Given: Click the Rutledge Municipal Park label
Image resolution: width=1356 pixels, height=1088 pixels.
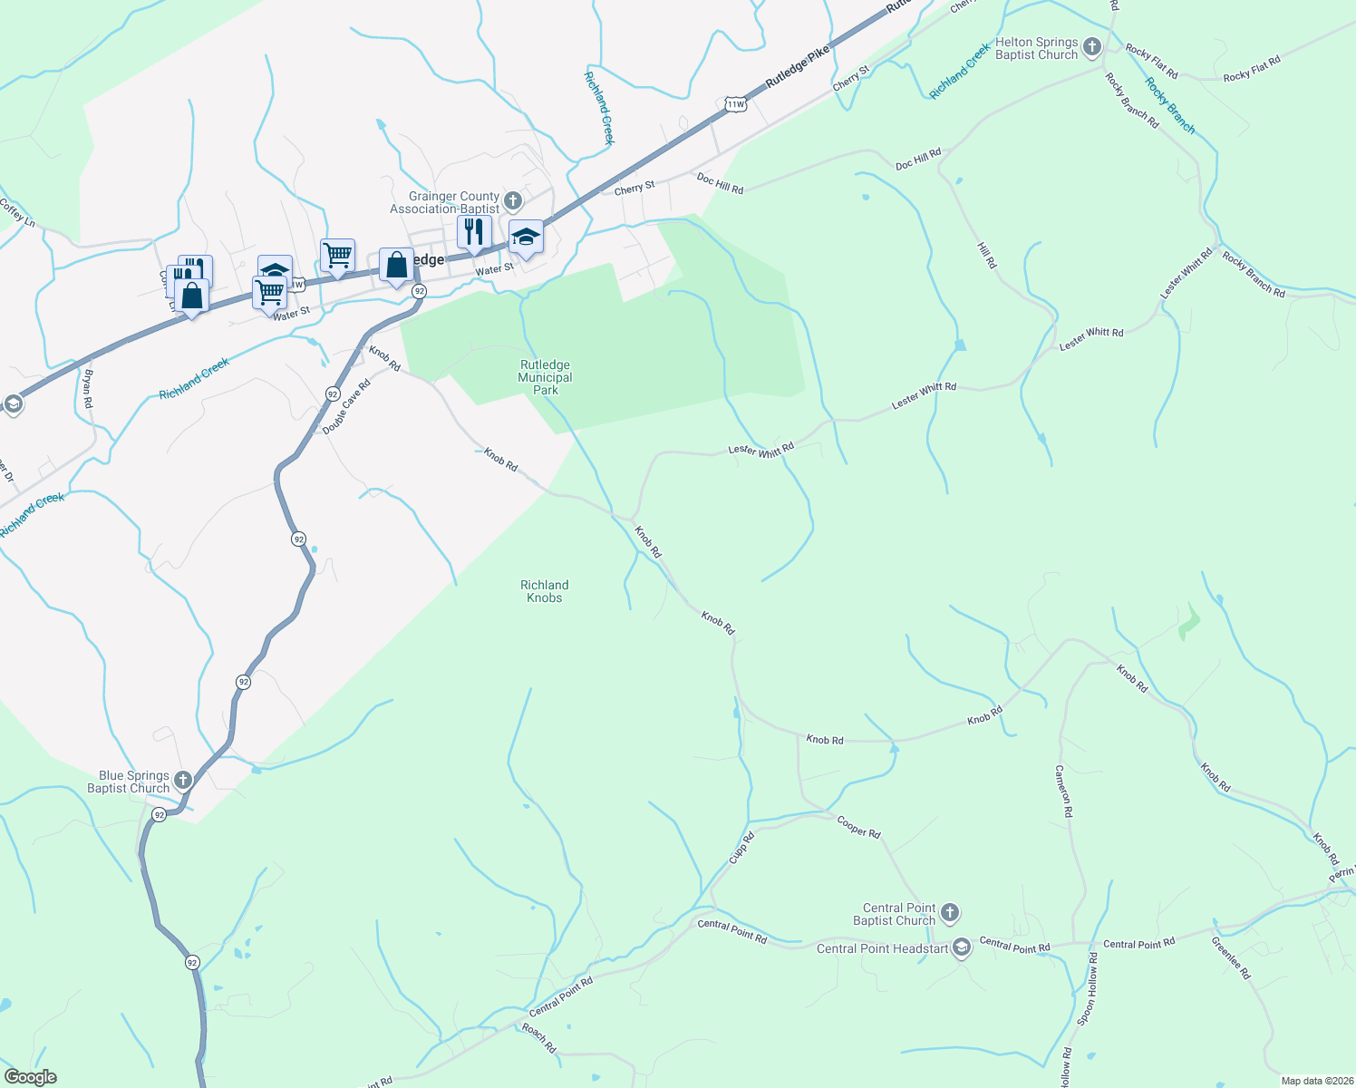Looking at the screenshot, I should [545, 377].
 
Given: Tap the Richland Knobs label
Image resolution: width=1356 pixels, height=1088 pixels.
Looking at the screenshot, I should [545, 591].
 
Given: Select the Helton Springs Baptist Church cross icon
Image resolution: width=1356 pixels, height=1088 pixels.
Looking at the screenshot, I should [1092, 47].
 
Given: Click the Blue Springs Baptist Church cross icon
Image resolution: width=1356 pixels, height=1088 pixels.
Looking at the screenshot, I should [183, 780].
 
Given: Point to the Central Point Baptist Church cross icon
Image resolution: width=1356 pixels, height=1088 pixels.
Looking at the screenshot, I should [950, 912].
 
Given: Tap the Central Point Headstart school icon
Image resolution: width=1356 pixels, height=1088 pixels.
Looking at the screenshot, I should [962, 948].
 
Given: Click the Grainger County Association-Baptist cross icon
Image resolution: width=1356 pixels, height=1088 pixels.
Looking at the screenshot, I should [513, 200].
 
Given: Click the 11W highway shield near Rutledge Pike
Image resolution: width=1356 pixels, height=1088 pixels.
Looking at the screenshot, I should [735, 104].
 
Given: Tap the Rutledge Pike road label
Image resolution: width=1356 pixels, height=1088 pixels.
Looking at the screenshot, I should [798, 67].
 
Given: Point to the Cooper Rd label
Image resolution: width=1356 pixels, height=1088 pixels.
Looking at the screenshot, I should [858, 827].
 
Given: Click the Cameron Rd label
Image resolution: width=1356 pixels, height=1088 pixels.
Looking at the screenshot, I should [1063, 791].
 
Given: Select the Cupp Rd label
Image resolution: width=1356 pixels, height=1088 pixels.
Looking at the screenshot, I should [741, 848].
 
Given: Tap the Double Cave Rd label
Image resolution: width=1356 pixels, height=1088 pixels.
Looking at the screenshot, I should [347, 407].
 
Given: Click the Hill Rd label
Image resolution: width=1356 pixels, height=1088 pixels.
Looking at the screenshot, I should [987, 255].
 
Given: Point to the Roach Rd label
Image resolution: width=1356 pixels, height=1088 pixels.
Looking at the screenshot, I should [538, 1037].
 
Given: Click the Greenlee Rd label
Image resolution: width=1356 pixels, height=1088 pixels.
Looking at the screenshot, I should [1231, 957].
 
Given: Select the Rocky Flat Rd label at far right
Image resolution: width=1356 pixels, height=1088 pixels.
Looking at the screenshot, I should [1252, 70].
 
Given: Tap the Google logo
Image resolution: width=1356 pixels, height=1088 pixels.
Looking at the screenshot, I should [31, 1077].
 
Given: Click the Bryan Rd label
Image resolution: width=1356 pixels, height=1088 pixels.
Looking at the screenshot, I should [88, 388].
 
